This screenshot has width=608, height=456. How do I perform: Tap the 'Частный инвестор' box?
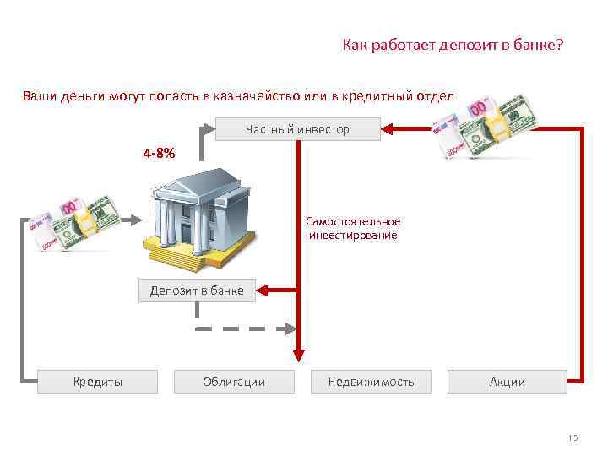pos(296,129)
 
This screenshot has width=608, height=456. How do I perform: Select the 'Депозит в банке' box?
pos(197,290)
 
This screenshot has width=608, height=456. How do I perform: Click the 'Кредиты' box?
pos(98,382)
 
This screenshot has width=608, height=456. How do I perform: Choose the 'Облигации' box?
pos(234,382)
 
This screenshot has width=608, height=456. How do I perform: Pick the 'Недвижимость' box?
pos(371,382)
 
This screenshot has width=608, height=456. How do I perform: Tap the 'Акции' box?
pos(508,382)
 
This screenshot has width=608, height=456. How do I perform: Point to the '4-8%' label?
pos(159,154)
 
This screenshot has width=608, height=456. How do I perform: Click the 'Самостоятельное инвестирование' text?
pos(353,228)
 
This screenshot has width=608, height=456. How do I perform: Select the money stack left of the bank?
pos(74,221)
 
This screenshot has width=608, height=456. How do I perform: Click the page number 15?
pos(573,437)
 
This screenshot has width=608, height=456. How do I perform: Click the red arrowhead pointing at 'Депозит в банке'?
pos(260,290)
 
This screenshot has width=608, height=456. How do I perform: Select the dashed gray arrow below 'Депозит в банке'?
pos(245,328)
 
